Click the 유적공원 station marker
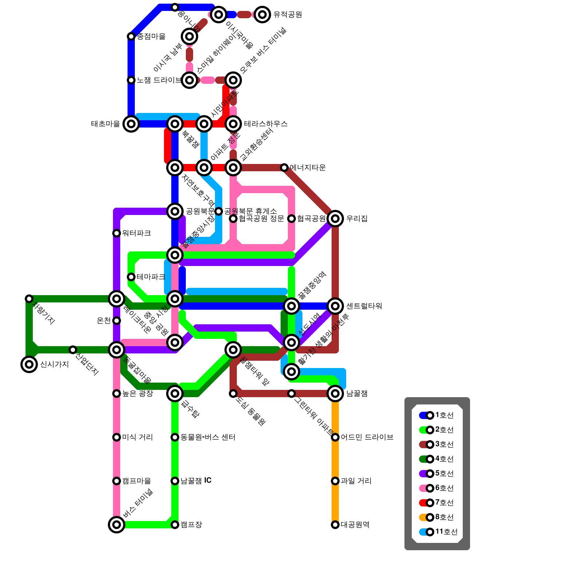coord(262,15)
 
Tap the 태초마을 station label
coord(106,124)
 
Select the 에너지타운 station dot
coord(284,168)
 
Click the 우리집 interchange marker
coord(335,219)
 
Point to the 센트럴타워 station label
coord(364,306)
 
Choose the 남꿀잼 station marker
coord(335,394)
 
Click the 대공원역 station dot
coord(335,525)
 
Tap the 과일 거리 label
coord(356,481)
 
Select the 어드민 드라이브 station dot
coord(335,437)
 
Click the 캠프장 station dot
coord(175,525)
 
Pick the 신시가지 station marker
coord(29,364)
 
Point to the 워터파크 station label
coord(136,233)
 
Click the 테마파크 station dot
coord(131,277)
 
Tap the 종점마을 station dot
coord(131,36)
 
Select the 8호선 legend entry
coord(437,517)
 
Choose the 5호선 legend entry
coord(437,474)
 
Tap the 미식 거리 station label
coord(137,437)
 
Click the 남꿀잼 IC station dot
coord(175,481)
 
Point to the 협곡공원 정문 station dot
coord(233,219)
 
